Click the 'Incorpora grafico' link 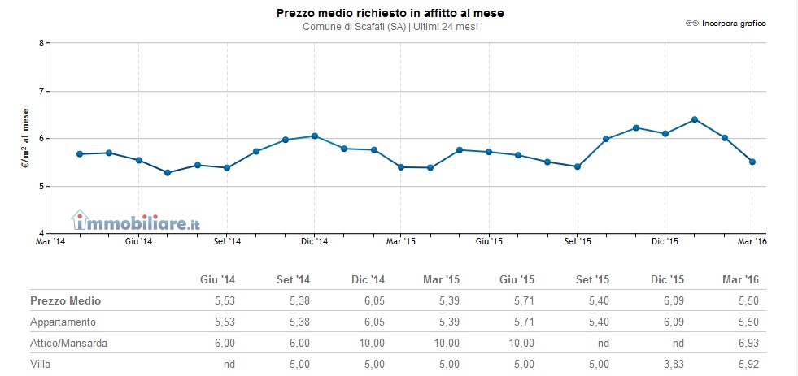coord(732,24)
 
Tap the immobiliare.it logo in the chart coord(136,220)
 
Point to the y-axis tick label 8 coord(41,43)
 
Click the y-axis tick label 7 coord(41,91)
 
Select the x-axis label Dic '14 coord(314,241)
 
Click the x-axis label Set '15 coord(577,241)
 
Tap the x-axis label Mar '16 coord(752,241)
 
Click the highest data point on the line coord(694,119)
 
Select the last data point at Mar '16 coord(752,162)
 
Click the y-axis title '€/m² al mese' coord(25,139)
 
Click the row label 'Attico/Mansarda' coord(69,343)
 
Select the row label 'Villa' coord(41,364)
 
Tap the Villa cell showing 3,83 coord(673,364)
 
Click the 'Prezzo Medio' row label coord(66,300)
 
